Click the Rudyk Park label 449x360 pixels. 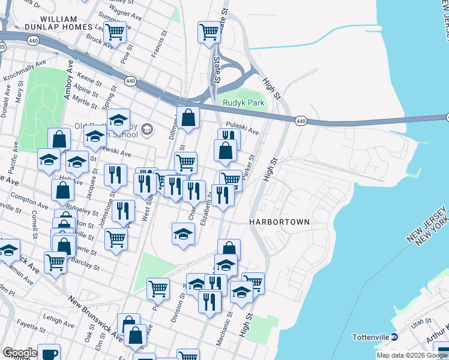(239, 103)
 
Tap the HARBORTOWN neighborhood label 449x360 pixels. (280, 222)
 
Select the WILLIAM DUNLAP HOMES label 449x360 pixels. (59, 23)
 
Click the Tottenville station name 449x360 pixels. (370, 337)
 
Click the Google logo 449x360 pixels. (20, 352)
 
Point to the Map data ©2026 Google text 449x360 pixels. (412, 355)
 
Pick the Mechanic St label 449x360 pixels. (226, 325)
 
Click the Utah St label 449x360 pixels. (417, 323)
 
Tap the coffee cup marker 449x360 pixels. (48, 353)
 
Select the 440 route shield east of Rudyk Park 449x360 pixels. (301, 121)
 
